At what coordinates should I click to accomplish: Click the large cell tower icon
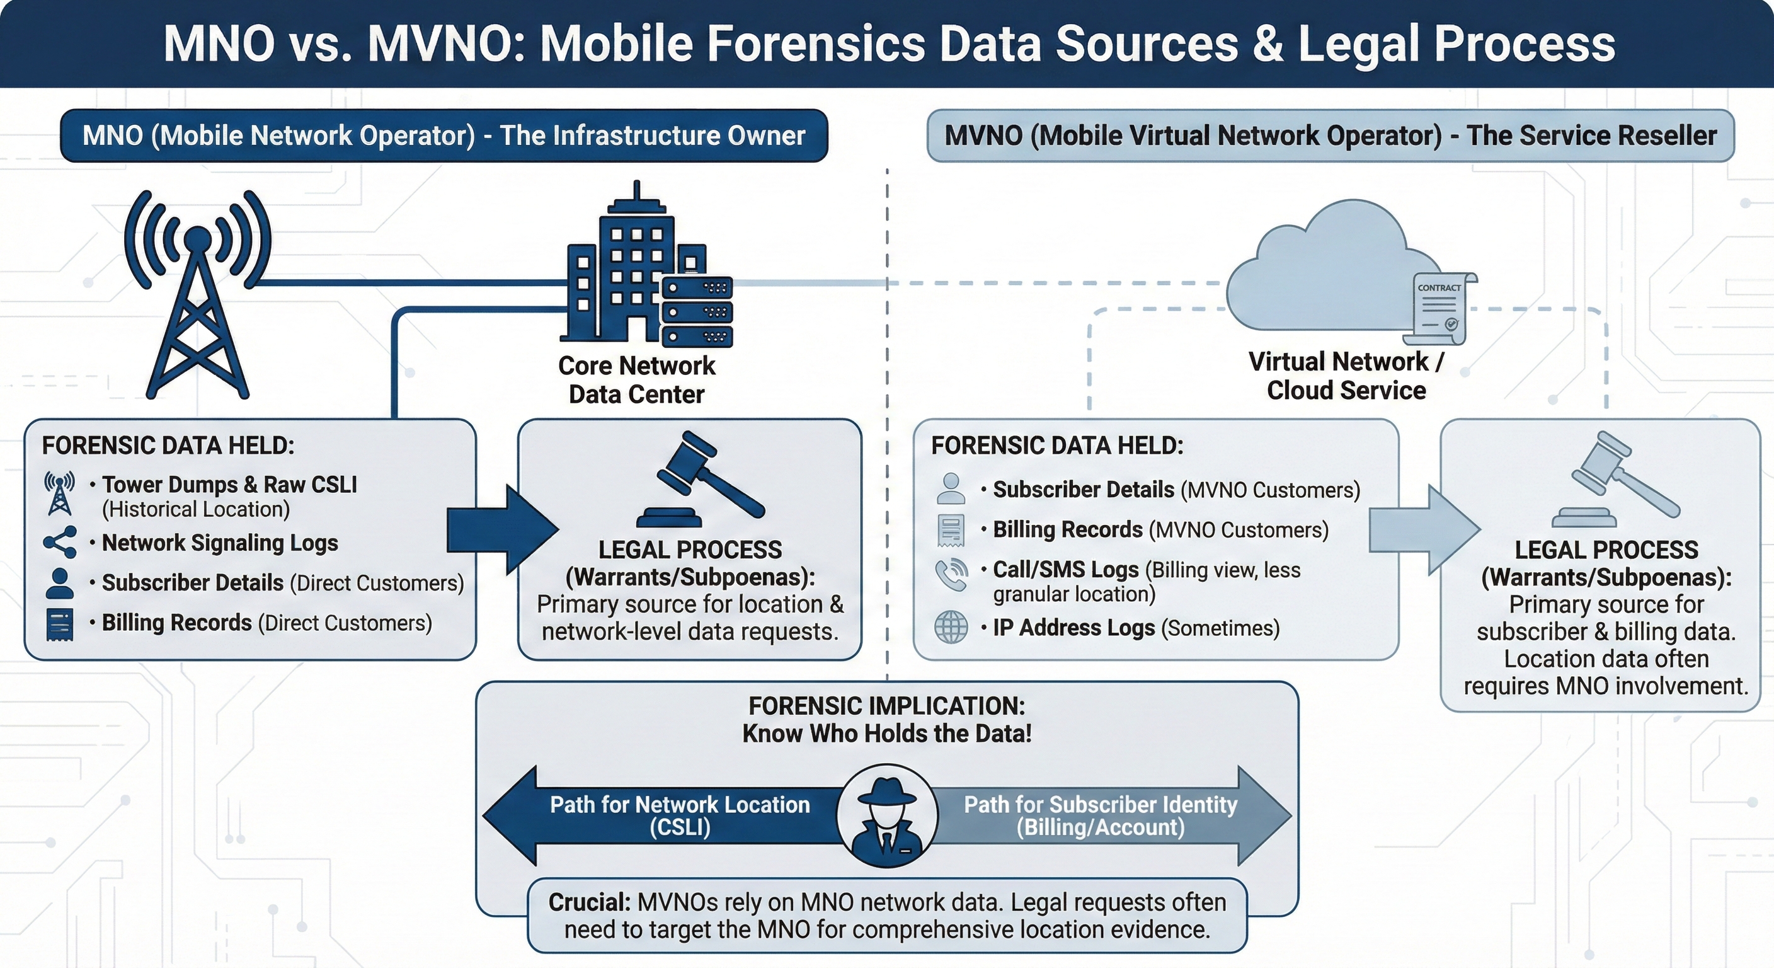[x=198, y=296]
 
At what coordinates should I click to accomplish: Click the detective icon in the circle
[x=887, y=815]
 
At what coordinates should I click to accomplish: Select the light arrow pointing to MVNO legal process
[x=1422, y=530]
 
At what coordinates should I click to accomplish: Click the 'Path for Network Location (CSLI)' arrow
[x=661, y=815]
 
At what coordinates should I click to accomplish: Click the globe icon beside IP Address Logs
[x=951, y=627]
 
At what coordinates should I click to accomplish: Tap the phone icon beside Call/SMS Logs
[x=951, y=575]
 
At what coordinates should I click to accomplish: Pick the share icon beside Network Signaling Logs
[x=60, y=542]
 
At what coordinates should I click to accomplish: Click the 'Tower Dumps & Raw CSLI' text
[x=229, y=485]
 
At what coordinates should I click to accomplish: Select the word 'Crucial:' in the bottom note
[x=589, y=902]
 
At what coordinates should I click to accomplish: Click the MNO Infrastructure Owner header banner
[x=443, y=135]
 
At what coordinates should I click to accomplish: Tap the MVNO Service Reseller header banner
[x=1330, y=135]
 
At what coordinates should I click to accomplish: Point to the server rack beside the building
[x=697, y=311]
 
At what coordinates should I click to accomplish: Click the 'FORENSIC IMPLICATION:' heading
[x=886, y=706]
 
